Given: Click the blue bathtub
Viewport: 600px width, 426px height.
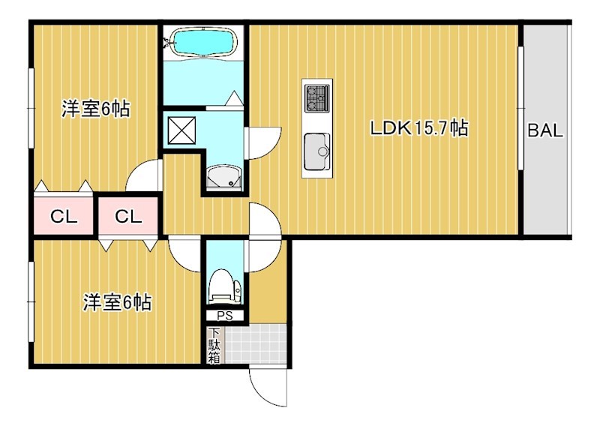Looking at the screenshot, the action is [x=203, y=42].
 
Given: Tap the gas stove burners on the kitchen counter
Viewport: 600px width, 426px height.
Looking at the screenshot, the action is [x=316, y=98].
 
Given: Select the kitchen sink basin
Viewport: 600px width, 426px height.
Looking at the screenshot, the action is [x=316, y=152].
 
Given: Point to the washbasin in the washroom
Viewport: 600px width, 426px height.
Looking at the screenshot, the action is [x=224, y=177].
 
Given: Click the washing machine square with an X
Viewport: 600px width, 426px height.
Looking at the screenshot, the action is [x=182, y=130].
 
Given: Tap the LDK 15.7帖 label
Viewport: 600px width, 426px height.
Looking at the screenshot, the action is [x=419, y=127].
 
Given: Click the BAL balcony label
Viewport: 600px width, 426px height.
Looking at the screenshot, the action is [x=545, y=130].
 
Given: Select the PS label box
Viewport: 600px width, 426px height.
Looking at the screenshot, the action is [x=225, y=316].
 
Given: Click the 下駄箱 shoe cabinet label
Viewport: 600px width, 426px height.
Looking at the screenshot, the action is [x=214, y=346].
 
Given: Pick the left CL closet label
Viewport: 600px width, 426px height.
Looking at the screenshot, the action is [x=64, y=217].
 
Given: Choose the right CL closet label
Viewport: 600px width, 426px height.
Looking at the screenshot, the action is [x=128, y=217].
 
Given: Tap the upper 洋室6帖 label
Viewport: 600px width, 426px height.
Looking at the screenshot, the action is [x=96, y=109].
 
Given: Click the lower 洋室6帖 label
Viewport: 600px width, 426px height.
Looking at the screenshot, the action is [x=118, y=302].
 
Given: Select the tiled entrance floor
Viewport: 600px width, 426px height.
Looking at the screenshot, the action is [x=256, y=343].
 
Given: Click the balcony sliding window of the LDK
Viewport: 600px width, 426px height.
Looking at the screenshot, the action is [x=520, y=108].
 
